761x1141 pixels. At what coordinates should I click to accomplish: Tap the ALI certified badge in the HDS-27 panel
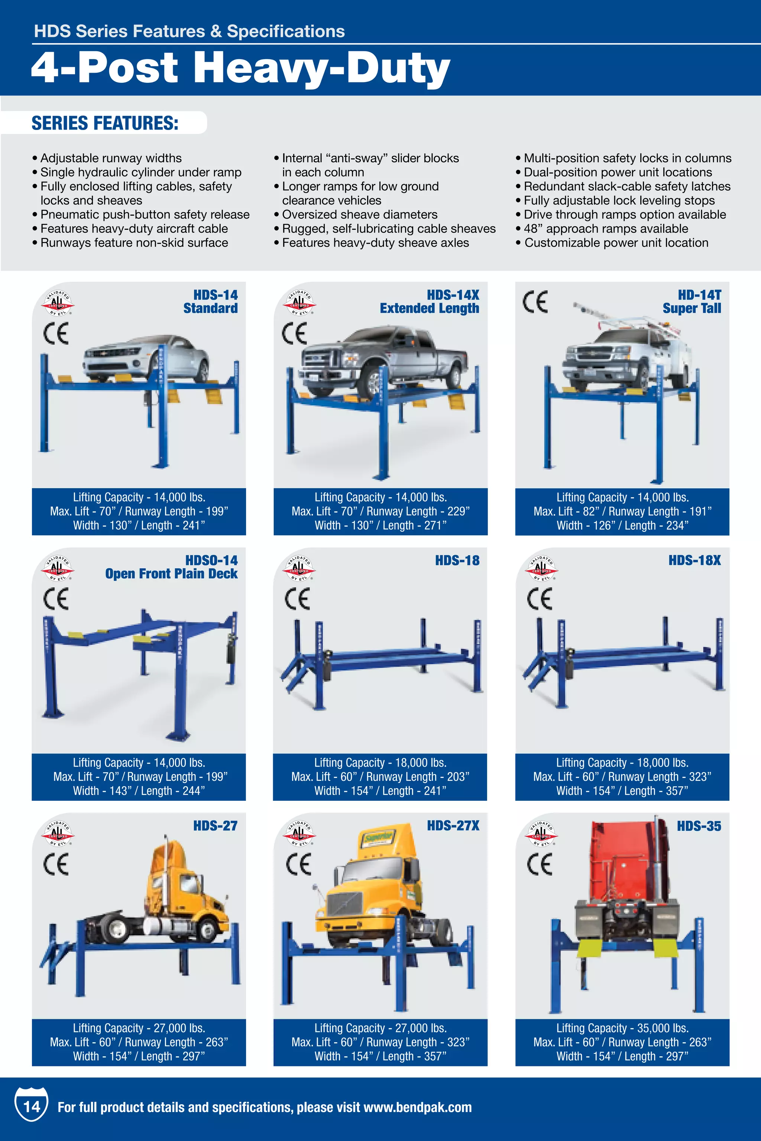(x=58, y=832)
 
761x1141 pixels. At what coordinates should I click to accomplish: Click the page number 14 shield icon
(x=32, y=1106)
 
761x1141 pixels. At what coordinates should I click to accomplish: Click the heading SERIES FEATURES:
(x=105, y=123)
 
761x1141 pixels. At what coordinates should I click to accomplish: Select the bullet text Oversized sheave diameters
(x=359, y=214)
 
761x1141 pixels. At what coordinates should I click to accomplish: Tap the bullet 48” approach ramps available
(x=605, y=228)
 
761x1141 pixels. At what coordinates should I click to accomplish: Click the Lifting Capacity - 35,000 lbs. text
(x=622, y=1028)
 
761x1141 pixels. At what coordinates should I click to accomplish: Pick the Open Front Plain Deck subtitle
(x=171, y=573)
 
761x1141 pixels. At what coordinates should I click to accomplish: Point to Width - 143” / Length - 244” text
(x=139, y=791)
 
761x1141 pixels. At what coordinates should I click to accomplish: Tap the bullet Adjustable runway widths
(x=111, y=158)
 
